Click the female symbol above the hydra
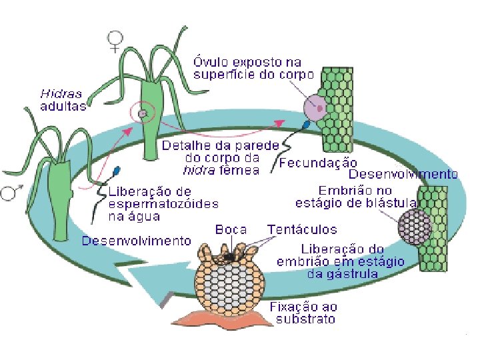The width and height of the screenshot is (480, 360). pyautogui.click(x=116, y=41)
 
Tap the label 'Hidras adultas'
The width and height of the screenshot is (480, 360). pyautogui.click(x=63, y=99)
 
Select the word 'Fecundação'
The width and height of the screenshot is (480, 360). pyautogui.click(x=318, y=162)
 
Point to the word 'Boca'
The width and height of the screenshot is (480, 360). pyautogui.click(x=231, y=229)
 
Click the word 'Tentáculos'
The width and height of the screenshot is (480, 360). pyautogui.click(x=301, y=229)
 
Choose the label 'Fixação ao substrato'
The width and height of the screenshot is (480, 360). pyautogui.click(x=303, y=313)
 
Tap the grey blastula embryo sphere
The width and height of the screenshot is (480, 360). pyautogui.click(x=415, y=227)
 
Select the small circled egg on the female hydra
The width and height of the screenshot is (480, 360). pyautogui.click(x=142, y=114)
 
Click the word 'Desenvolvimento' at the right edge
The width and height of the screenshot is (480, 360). pyautogui.click(x=403, y=174)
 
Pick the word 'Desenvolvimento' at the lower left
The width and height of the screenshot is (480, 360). pyautogui.click(x=136, y=241)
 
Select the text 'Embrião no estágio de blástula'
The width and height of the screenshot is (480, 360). pyautogui.click(x=357, y=197)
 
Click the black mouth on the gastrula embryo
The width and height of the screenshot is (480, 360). pyautogui.click(x=229, y=257)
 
